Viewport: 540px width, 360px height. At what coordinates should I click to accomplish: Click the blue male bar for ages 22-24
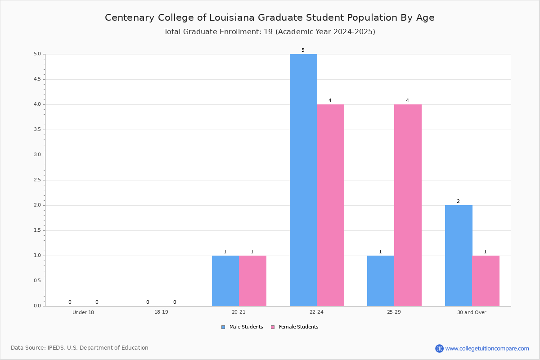point(303,180)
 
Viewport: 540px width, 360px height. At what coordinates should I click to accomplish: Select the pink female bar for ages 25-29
point(408,205)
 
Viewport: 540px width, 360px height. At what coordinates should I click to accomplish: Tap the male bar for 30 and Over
point(459,256)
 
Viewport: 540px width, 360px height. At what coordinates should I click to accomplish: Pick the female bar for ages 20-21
point(252,281)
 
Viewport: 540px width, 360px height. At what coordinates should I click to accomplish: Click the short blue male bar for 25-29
point(381,281)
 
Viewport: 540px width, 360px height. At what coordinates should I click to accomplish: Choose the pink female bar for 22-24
point(330,205)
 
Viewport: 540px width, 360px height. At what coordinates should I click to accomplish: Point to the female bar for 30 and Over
point(486,281)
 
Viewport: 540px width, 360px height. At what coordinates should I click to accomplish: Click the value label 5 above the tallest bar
point(303,50)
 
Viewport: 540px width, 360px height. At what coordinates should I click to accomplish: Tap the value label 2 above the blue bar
point(458,201)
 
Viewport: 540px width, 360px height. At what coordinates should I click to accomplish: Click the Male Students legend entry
point(242,327)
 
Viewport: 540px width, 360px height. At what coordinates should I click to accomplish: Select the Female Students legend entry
point(295,327)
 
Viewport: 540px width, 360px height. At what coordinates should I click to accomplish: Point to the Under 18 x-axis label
point(83,312)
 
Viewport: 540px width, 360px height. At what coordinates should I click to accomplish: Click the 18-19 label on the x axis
point(161,312)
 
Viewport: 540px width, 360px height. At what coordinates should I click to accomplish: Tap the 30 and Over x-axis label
point(472,312)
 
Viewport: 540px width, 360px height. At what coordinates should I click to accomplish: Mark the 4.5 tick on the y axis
point(37,79)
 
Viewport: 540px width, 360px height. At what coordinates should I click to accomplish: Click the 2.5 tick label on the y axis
point(37,180)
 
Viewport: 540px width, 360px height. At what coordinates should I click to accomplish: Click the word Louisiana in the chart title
point(232,18)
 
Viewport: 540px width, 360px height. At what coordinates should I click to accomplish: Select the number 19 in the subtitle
point(268,32)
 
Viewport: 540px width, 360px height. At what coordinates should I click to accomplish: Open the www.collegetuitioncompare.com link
point(487,349)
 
